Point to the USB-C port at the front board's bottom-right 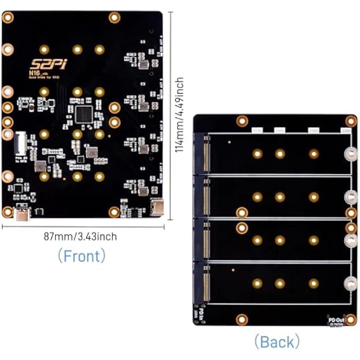[x=156, y=207]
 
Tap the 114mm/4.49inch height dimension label [x=180, y=114]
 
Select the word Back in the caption [x=276, y=341]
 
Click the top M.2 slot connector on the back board [x=206, y=154]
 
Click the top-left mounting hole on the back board [x=242, y=121]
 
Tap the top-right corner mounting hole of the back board [x=350, y=121]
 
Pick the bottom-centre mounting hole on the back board [x=242, y=319]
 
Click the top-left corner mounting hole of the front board [x=7, y=17]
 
